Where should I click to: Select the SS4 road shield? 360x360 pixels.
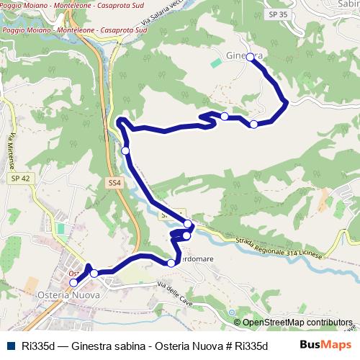114,184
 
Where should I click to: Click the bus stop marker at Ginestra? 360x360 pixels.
250,57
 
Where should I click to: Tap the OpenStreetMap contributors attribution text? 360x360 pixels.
297,323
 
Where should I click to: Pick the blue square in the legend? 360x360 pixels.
10,346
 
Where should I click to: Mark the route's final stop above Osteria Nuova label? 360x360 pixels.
73,283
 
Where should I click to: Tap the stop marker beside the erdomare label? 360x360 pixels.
171,263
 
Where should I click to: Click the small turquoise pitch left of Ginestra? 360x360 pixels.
216,63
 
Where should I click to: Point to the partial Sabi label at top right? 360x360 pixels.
348,4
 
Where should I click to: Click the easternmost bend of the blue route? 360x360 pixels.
287,102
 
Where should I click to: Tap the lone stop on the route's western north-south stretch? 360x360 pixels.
125,150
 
